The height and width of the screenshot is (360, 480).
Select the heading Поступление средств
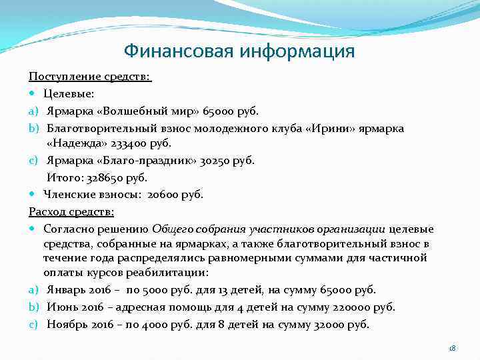click(90, 78)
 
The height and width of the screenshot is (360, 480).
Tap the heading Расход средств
click(71, 211)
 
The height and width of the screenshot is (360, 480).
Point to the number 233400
click(129, 143)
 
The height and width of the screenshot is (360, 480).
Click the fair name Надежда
click(91, 143)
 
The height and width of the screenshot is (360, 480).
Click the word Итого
click(63, 178)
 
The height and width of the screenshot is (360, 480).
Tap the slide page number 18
click(452, 348)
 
